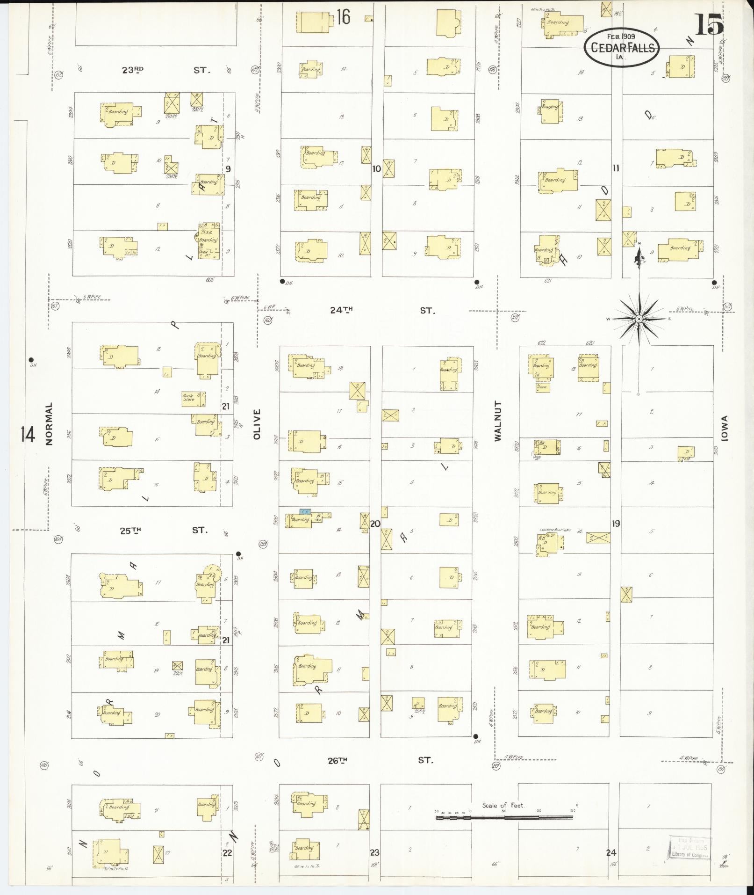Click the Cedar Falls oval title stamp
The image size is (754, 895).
tap(621, 47)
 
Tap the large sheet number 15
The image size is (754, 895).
tap(709, 24)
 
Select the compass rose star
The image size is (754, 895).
tap(639, 319)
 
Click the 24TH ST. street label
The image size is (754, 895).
tap(381, 310)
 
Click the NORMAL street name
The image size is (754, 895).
tap(50, 423)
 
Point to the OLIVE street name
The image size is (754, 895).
tap(256, 424)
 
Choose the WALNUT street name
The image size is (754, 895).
tap(497, 421)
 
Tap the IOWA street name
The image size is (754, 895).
tap(725, 428)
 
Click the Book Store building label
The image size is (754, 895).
tap(188, 397)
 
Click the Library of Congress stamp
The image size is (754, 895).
tap(690, 847)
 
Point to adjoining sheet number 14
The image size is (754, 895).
tap(28, 435)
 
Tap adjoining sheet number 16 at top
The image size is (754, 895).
tap(343, 17)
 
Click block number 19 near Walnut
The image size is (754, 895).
tap(616, 524)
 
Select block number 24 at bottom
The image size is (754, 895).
tap(611, 852)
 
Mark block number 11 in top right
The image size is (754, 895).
tap(616, 168)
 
